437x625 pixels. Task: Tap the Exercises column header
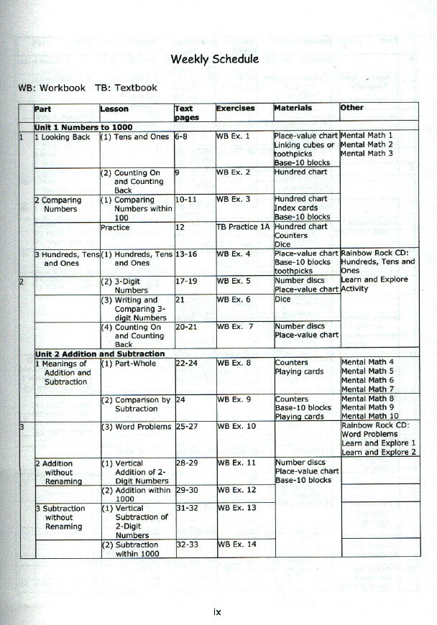pyautogui.click(x=235, y=108)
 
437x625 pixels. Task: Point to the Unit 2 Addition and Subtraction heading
pyautogui.click(x=100, y=354)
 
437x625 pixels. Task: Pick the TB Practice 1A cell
pyautogui.click(x=243, y=227)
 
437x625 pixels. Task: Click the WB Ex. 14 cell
pyautogui.click(x=236, y=545)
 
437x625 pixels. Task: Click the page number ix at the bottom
pyautogui.click(x=218, y=612)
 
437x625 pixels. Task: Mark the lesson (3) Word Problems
pyautogui.click(x=136, y=427)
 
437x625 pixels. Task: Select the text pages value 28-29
pyautogui.click(x=186, y=463)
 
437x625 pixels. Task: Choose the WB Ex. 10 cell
pyautogui.click(x=236, y=427)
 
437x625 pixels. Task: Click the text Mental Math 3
pyautogui.click(x=367, y=154)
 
